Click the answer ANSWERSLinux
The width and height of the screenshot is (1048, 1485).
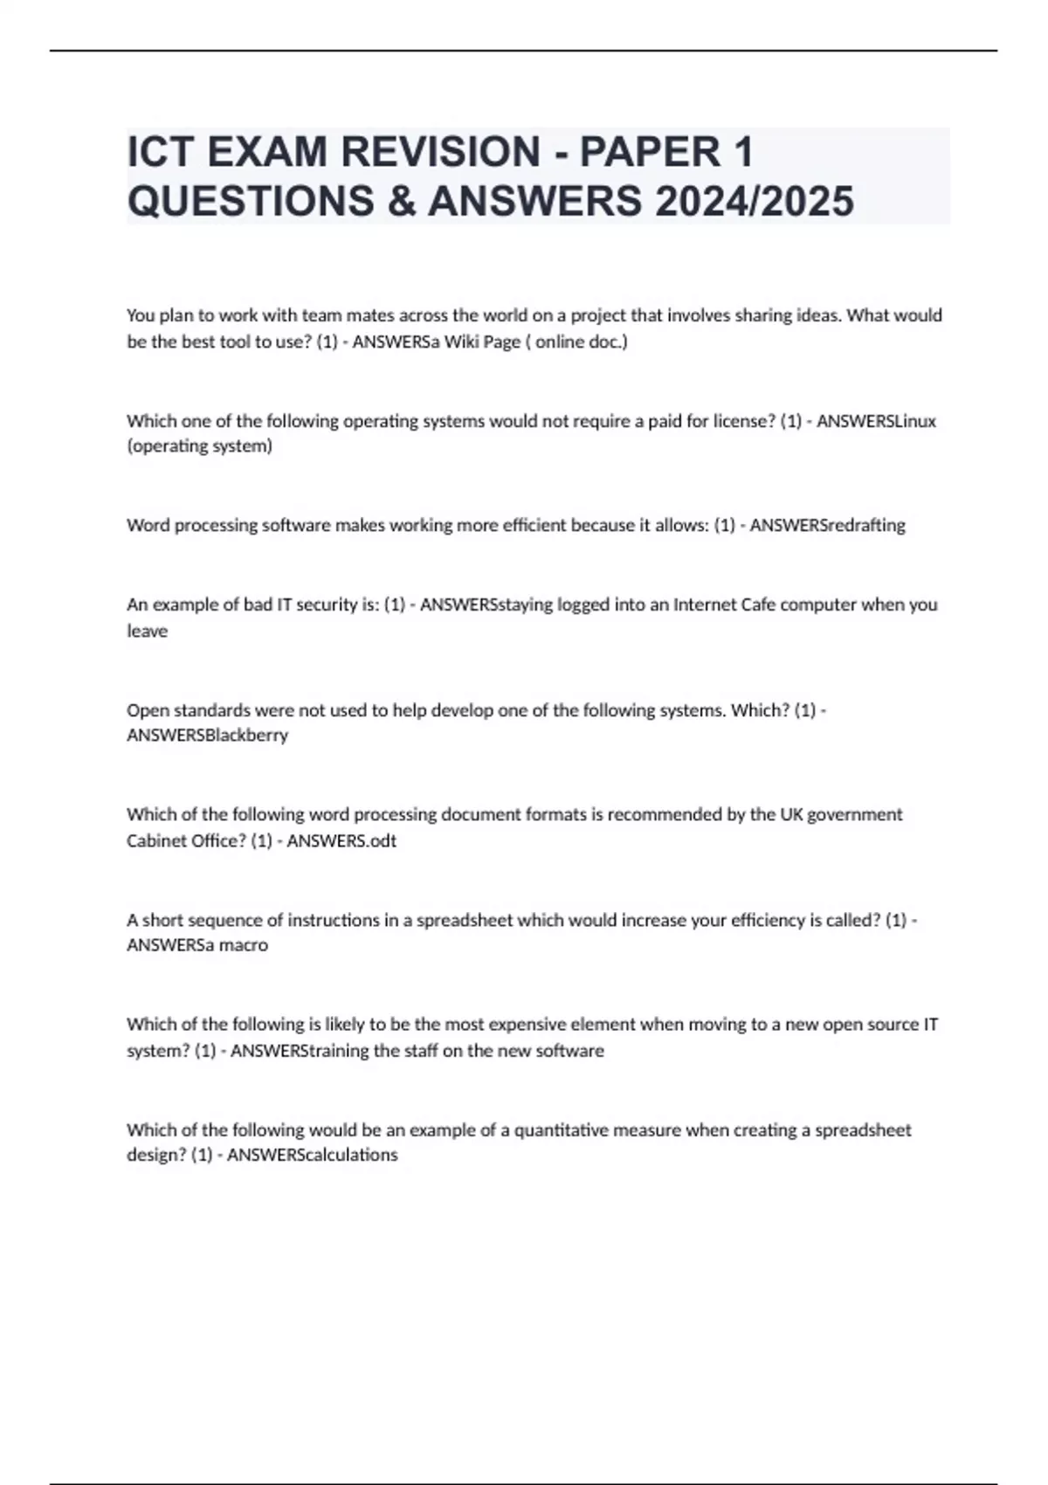click(x=876, y=421)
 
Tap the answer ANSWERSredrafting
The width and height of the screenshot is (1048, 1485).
click(x=827, y=525)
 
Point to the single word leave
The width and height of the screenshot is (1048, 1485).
click(x=147, y=631)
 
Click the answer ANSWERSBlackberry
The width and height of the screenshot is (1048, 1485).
click(x=207, y=736)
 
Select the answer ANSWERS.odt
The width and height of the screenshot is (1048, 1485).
click(x=341, y=841)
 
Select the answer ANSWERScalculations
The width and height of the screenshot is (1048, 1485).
click(x=312, y=1155)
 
